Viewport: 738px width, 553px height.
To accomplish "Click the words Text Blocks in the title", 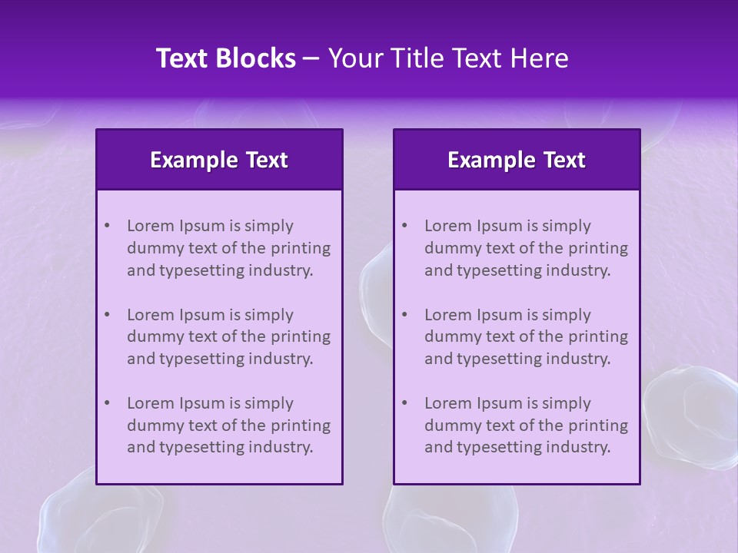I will (226, 58).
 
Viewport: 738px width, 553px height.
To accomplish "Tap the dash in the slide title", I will (311, 59).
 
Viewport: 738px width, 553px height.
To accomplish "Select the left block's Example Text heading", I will (219, 160).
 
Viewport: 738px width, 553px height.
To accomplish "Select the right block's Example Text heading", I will (517, 160).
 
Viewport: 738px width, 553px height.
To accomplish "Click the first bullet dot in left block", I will (107, 226).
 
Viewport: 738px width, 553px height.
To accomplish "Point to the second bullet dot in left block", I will (107, 315).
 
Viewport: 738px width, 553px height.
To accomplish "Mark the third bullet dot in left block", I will (107, 403).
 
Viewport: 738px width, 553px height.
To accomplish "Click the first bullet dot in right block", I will (404, 226).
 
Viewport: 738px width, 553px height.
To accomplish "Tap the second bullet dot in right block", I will (404, 315).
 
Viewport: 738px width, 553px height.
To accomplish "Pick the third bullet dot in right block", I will (404, 403).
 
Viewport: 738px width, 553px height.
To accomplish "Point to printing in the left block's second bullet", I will (301, 336).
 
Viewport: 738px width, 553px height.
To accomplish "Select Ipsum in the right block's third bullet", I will (503, 403).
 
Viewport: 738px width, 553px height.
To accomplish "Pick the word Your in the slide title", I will (351, 58).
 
